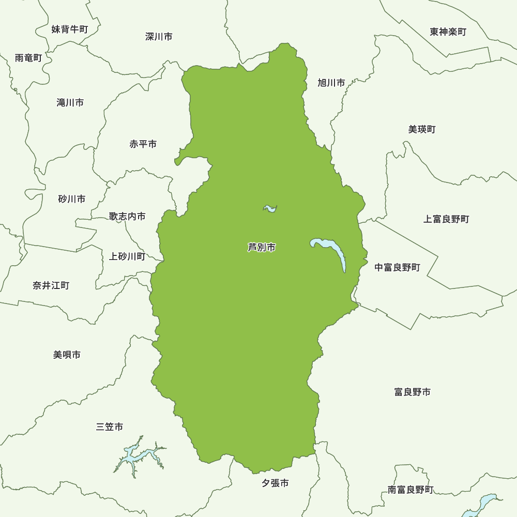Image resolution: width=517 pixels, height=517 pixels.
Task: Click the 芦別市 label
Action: pyautogui.click(x=262, y=248)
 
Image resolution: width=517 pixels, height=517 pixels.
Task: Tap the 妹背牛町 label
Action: pyautogui.click(x=70, y=29)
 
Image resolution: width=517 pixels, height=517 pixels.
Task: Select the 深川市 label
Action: pyautogui.click(x=159, y=37)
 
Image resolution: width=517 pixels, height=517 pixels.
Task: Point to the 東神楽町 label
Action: pyautogui.click(x=448, y=32)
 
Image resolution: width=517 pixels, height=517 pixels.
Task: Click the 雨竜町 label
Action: pyautogui.click(x=28, y=58)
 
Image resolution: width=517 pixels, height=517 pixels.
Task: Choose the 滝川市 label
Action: pyautogui.click(x=70, y=103)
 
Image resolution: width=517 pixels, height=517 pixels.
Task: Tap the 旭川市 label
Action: pyautogui.click(x=331, y=83)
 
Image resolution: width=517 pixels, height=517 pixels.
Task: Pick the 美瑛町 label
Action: pyautogui.click(x=422, y=129)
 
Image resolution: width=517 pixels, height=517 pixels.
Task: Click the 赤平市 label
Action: pyautogui.click(x=143, y=144)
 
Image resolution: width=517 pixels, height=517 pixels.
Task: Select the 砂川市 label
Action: pyautogui.click(x=72, y=199)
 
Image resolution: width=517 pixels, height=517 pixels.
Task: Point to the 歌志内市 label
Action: pyautogui.click(x=127, y=217)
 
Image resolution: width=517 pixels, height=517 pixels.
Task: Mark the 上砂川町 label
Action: pyautogui.click(x=127, y=256)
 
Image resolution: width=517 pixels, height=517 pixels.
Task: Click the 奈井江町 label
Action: pyautogui.click(x=51, y=285)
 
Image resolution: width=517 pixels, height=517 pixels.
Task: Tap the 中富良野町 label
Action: pyautogui.click(x=398, y=267)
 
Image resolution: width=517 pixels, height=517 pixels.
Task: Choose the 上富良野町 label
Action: pyautogui.click(x=446, y=219)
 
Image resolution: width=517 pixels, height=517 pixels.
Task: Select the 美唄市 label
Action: pyautogui.click(x=67, y=355)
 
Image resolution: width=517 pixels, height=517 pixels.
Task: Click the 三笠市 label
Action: pyautogui.click(x=110, y=427)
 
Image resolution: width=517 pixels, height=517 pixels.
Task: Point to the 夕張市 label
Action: pyautogui.click(x=275, y=483)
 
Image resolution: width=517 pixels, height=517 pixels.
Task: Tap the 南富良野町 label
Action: pyautogui.click(x=410, y=490)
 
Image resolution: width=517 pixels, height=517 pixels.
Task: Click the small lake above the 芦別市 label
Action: pyautogui.click(x=270, y=208)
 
